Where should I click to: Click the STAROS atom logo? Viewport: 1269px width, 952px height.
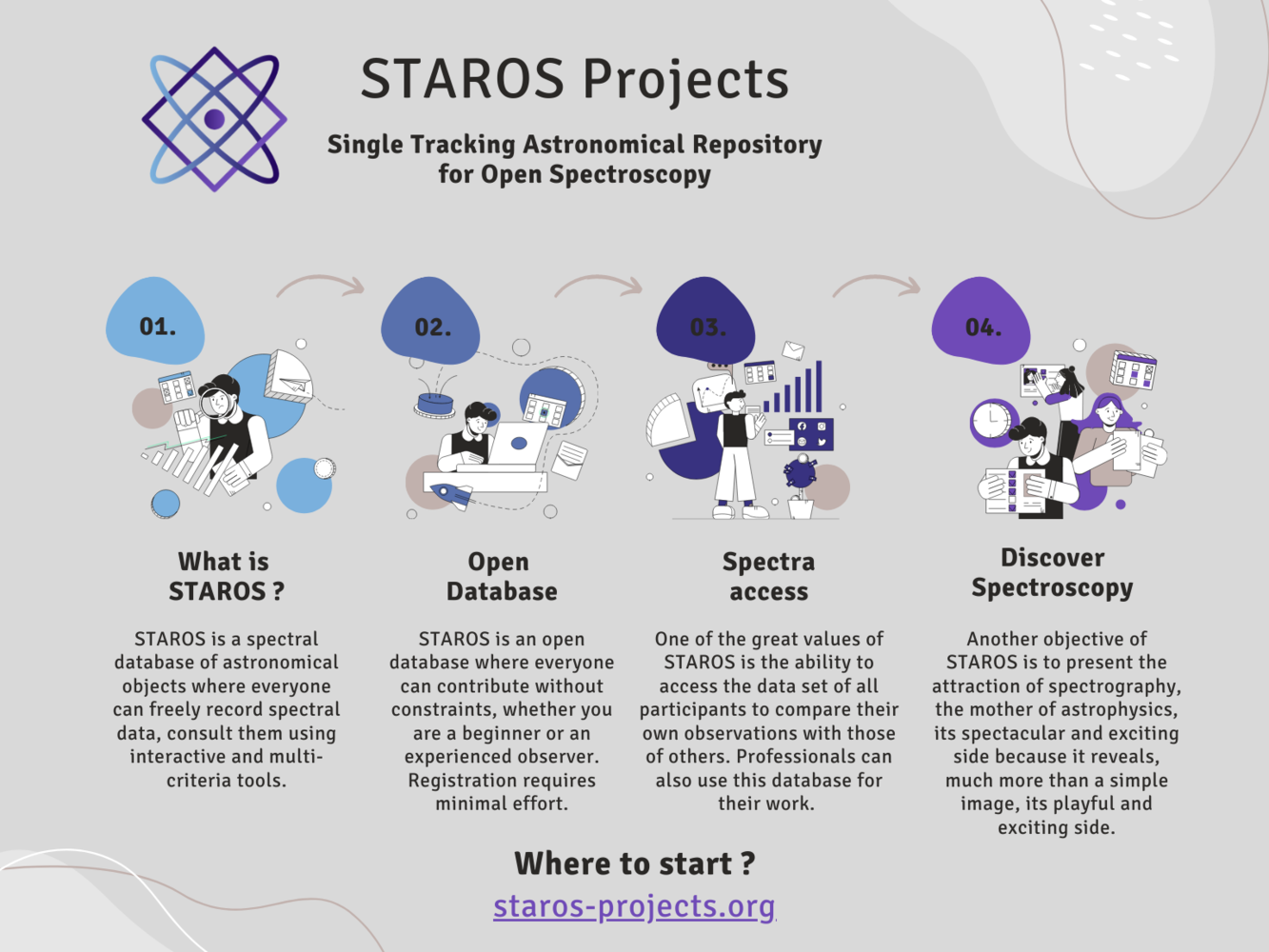coord(214,119)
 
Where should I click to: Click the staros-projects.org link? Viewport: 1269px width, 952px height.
coord(634,905)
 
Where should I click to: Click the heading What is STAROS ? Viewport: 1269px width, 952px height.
coord(226,576)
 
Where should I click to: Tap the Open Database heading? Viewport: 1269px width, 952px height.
coord(502,576)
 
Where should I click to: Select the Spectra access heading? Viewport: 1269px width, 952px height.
coord(768,576)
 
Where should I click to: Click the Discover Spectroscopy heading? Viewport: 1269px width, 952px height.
coord(1052,573)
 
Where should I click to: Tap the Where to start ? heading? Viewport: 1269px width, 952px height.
coord(635,863)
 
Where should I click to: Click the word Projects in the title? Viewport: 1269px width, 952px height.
coord(685,79)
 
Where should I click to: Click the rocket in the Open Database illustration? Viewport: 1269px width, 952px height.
coord(451,495)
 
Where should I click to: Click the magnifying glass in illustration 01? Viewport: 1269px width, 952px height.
coord(219,400)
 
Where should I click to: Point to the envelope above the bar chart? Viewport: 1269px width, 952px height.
coord(793,349)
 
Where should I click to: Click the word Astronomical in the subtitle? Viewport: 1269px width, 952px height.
coord(603,145)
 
